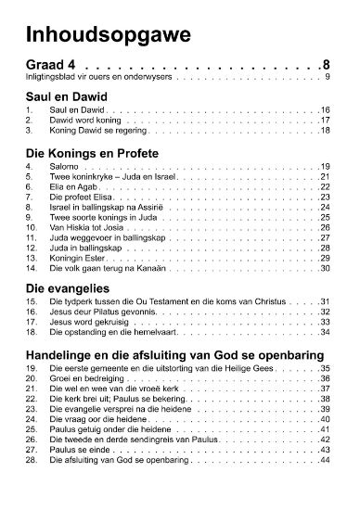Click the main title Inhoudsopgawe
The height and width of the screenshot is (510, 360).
(96, 34)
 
